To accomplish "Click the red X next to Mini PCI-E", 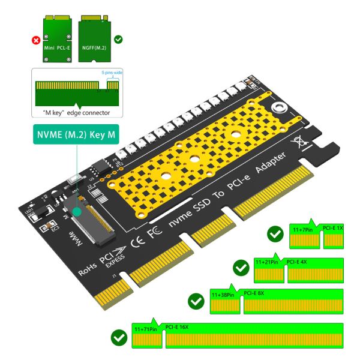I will pyautogui.click(x=35, y=41).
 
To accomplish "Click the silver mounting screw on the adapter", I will pyautogui.click(x=278, y=109).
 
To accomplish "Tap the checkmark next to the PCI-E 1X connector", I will pyautogui.click(x=275, y=233).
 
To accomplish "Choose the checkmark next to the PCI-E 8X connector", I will pyautogui.click(x=196, y=300).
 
